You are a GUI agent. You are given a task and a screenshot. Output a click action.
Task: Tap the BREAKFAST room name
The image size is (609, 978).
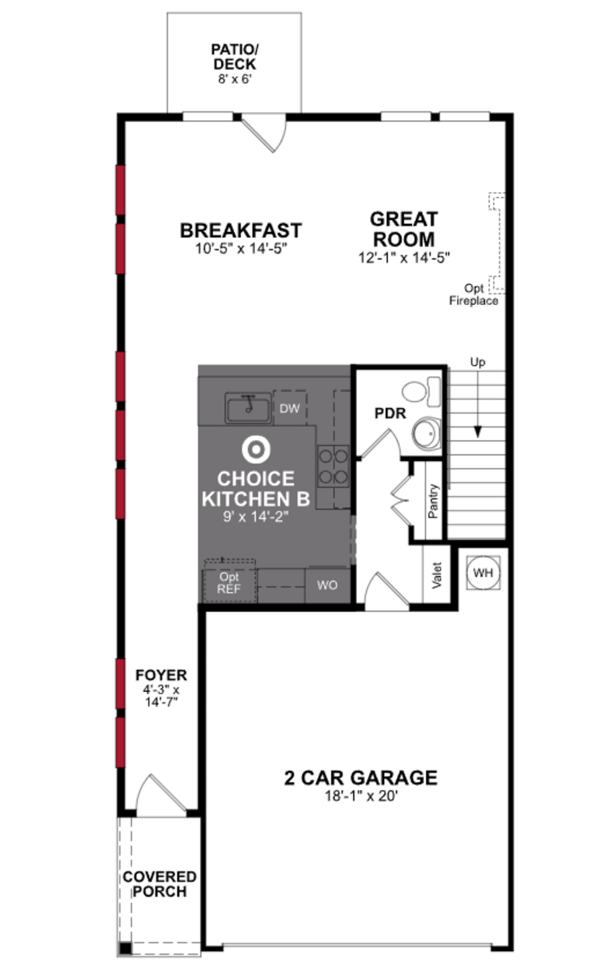point(241,231)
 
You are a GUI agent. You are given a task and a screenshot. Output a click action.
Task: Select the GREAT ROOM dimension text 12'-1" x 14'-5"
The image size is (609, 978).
point(404,258)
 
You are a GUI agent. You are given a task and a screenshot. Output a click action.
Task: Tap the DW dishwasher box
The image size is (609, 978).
point(290,408)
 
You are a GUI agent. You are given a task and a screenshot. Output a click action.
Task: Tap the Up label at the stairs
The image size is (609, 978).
point(478,362)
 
